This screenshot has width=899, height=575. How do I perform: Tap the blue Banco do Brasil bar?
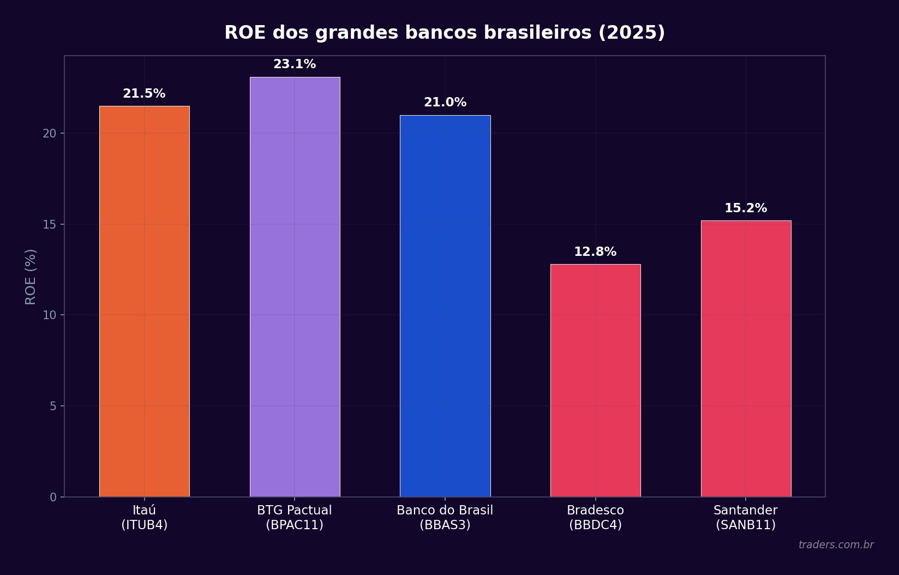[445, 306]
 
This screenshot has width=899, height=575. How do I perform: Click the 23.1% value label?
[295, 64]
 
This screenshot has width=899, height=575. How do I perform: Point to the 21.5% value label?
[144, 94]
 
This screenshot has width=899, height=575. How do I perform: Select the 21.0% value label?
[445, 103]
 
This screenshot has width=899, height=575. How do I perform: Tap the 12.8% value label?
[595, 252]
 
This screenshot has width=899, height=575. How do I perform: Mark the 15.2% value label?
[745, 208]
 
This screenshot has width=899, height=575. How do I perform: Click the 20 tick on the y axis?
[50, 134]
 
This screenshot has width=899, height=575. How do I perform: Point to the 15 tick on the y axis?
[50, 225]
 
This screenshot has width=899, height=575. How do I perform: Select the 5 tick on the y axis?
[53, 406]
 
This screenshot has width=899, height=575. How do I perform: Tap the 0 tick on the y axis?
[53, 497]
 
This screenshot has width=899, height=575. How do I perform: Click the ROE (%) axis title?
[31, 277]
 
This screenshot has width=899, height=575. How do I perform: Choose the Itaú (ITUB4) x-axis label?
[144, 518]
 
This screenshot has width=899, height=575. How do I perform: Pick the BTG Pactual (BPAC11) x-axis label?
[295, 518]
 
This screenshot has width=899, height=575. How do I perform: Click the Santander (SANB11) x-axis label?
[745, 518]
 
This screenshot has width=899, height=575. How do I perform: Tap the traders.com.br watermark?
[836, 545]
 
